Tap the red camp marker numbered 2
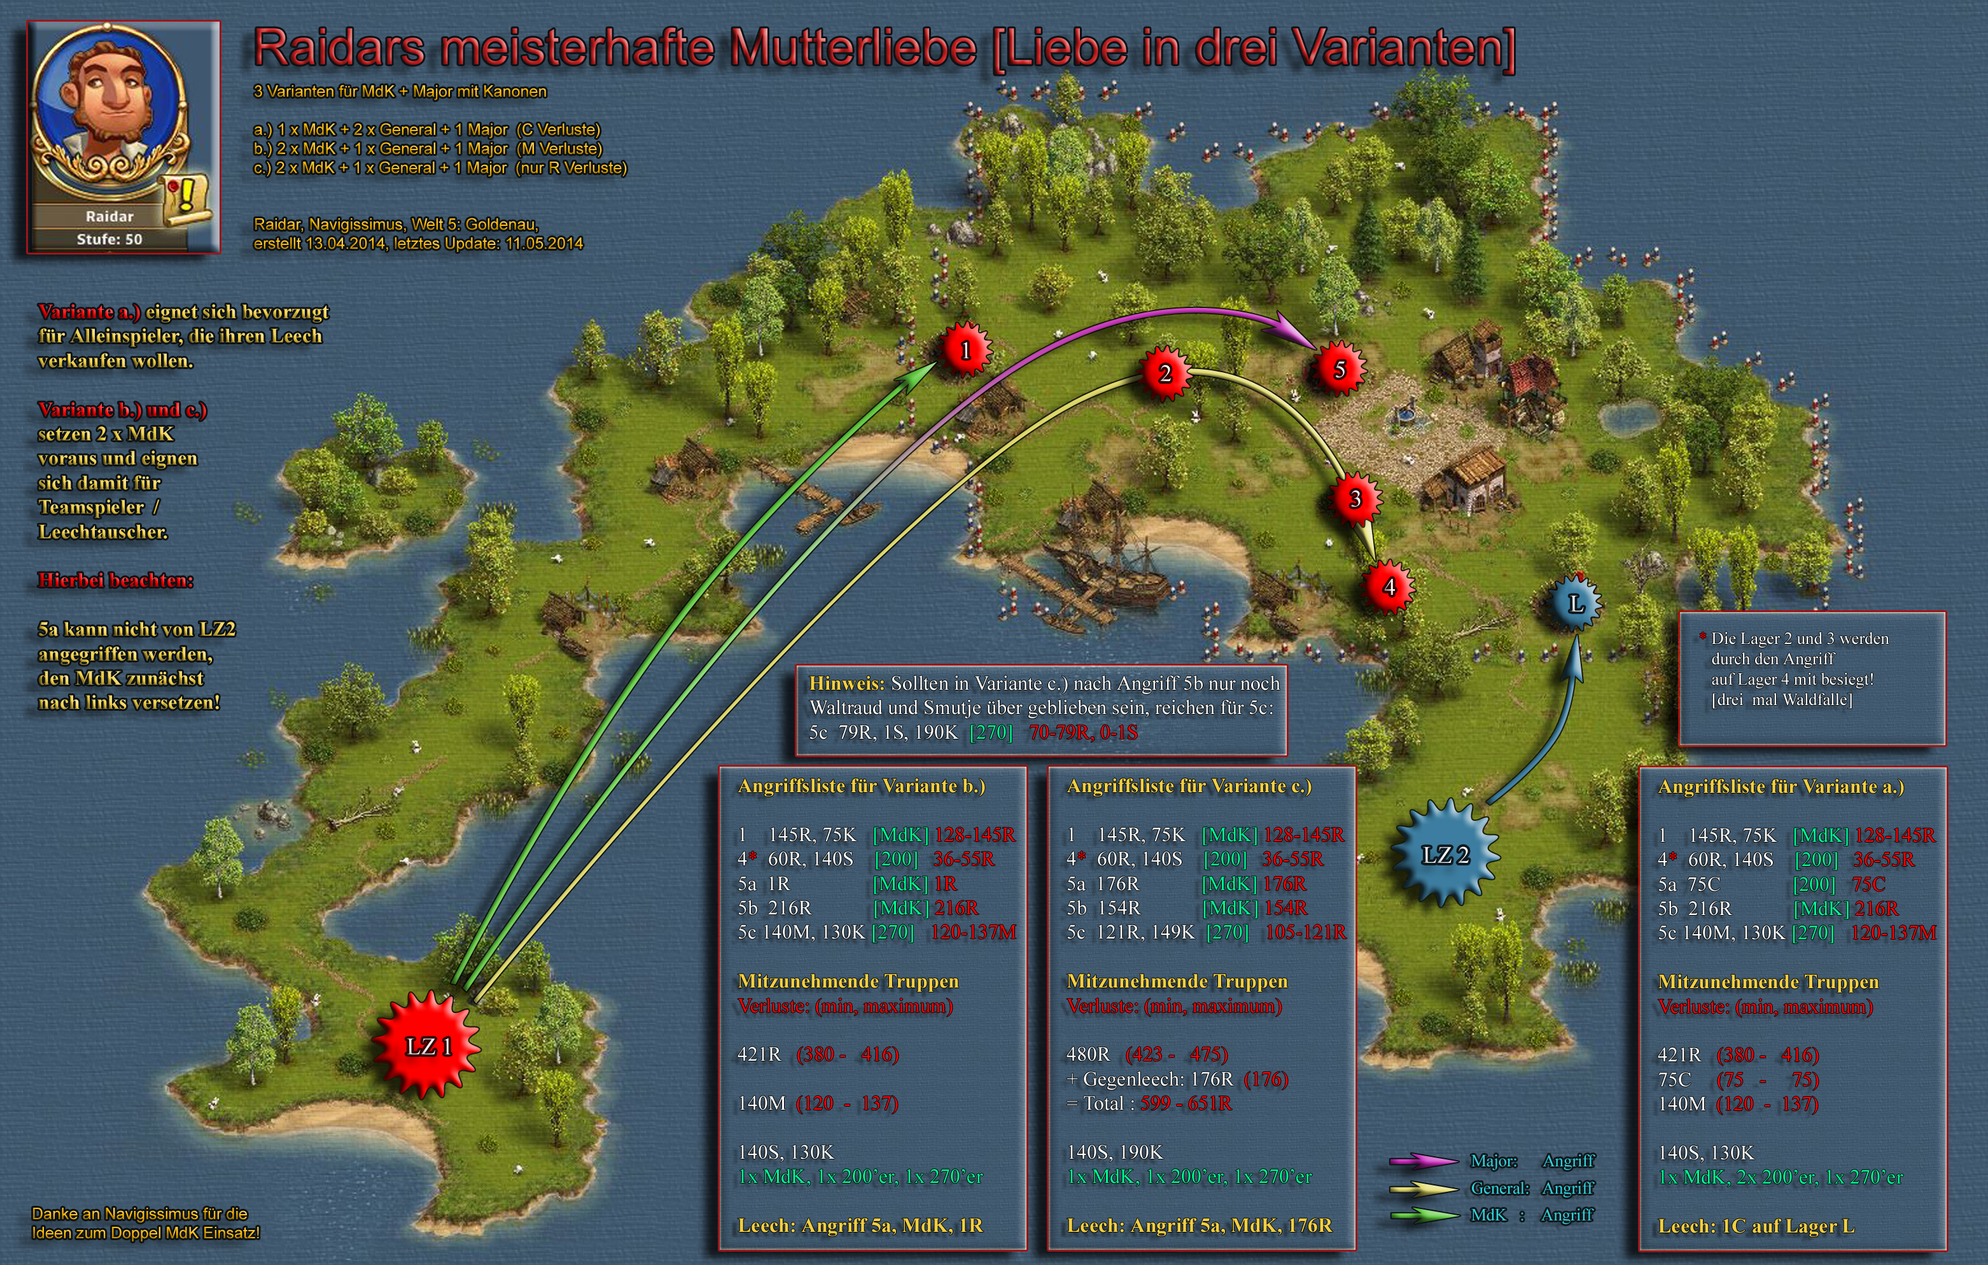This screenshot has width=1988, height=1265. coord(1165,374)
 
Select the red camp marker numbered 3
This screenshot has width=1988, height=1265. coord(1355,499)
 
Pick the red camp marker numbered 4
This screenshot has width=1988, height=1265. coord(1389,587)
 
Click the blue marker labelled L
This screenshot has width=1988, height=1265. coord(1575,604)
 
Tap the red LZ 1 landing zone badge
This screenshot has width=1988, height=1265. coord(428,1045)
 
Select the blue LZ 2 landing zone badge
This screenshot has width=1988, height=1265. coord(1445,855)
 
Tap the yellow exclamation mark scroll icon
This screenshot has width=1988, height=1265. coord(186,198)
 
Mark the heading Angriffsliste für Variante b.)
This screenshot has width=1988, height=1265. coord(861,786)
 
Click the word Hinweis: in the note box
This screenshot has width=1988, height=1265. coord(846,683)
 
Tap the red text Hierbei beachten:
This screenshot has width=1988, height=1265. coord(116,580)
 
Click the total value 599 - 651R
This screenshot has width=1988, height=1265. coord(1186,1104)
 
